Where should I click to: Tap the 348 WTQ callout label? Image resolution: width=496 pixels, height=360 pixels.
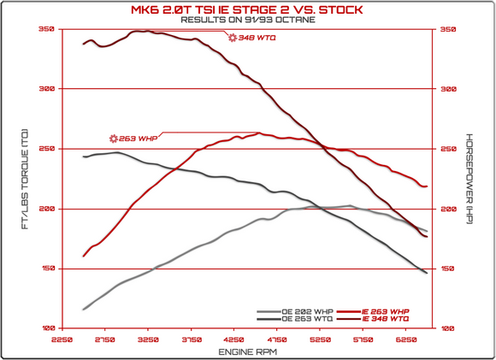(257, 38)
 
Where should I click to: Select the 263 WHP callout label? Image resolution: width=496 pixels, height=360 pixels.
(135, 139)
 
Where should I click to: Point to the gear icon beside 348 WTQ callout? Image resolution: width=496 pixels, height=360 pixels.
(232, 38)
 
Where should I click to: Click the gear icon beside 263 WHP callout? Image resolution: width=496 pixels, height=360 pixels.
(113, 139)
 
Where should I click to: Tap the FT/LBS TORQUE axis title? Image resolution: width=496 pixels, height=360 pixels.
(25, 179)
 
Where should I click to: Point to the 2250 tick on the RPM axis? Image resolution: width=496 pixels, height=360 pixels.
(61, 339)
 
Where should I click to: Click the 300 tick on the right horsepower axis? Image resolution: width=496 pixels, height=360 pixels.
(448, 89)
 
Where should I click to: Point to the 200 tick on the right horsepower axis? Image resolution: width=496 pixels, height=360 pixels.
(448, 209)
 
